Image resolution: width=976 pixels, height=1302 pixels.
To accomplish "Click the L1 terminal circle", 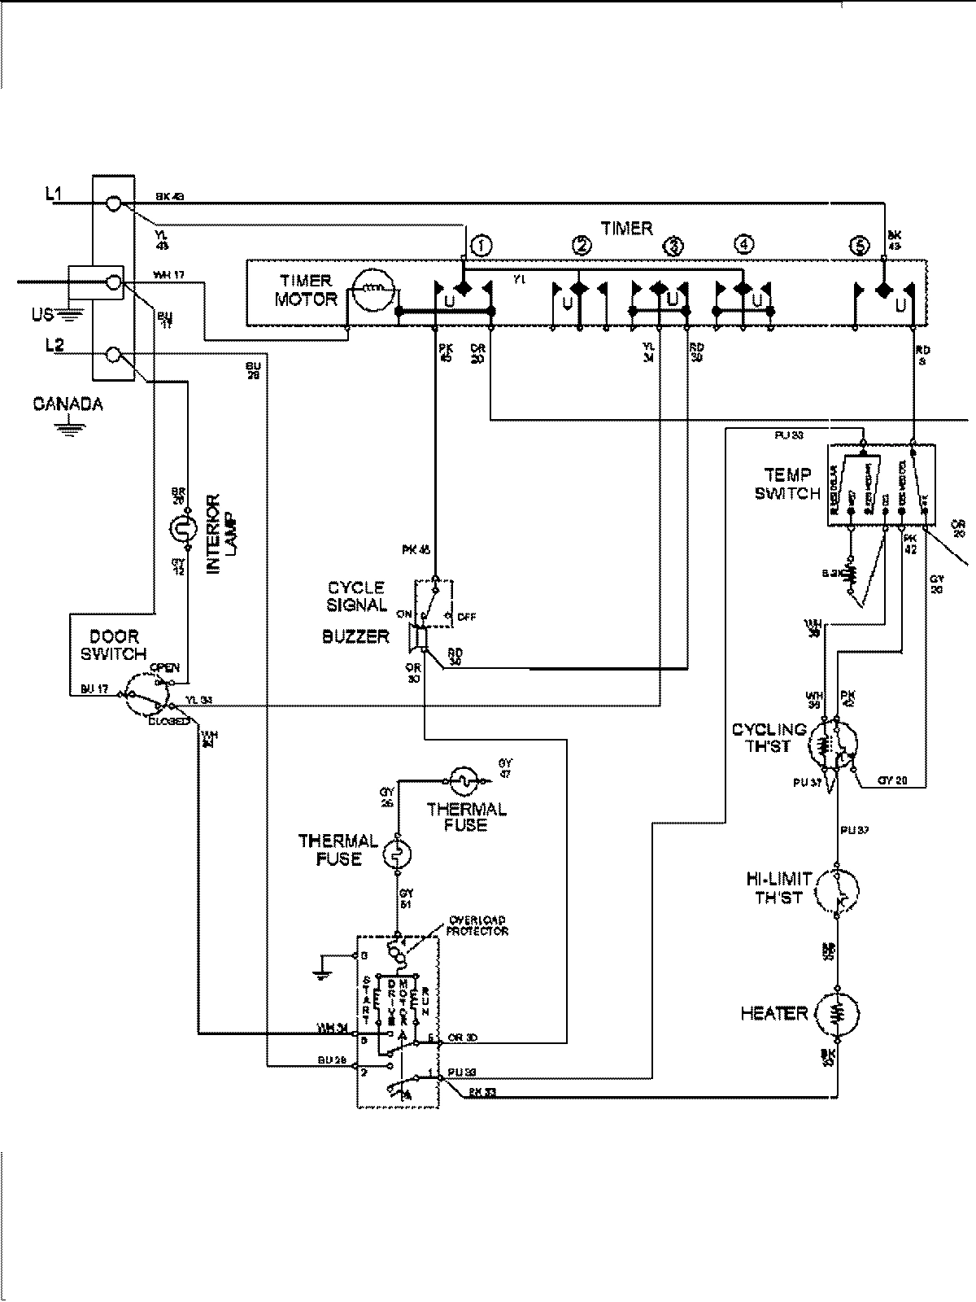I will pos(115,203).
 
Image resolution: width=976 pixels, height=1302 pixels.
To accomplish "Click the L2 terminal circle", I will pos(115,354).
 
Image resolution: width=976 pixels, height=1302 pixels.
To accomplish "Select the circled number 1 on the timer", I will pos(481,244).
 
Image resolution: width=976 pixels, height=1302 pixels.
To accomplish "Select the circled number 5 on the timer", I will pos(859,244).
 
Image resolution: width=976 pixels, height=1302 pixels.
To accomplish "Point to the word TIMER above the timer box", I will pos(627,228).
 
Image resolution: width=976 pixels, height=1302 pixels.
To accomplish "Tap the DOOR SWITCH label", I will pos(114,644).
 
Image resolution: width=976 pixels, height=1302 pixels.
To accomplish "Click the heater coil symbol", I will pos(838,1013).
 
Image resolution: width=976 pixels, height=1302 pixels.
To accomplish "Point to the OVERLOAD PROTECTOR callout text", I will pos(477,925).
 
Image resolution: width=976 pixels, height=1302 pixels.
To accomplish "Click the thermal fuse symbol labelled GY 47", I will pos(463,780).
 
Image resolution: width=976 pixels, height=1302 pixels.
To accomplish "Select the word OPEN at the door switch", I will pos(165,668).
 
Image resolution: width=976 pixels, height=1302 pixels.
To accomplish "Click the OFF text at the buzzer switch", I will pos(466,617).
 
